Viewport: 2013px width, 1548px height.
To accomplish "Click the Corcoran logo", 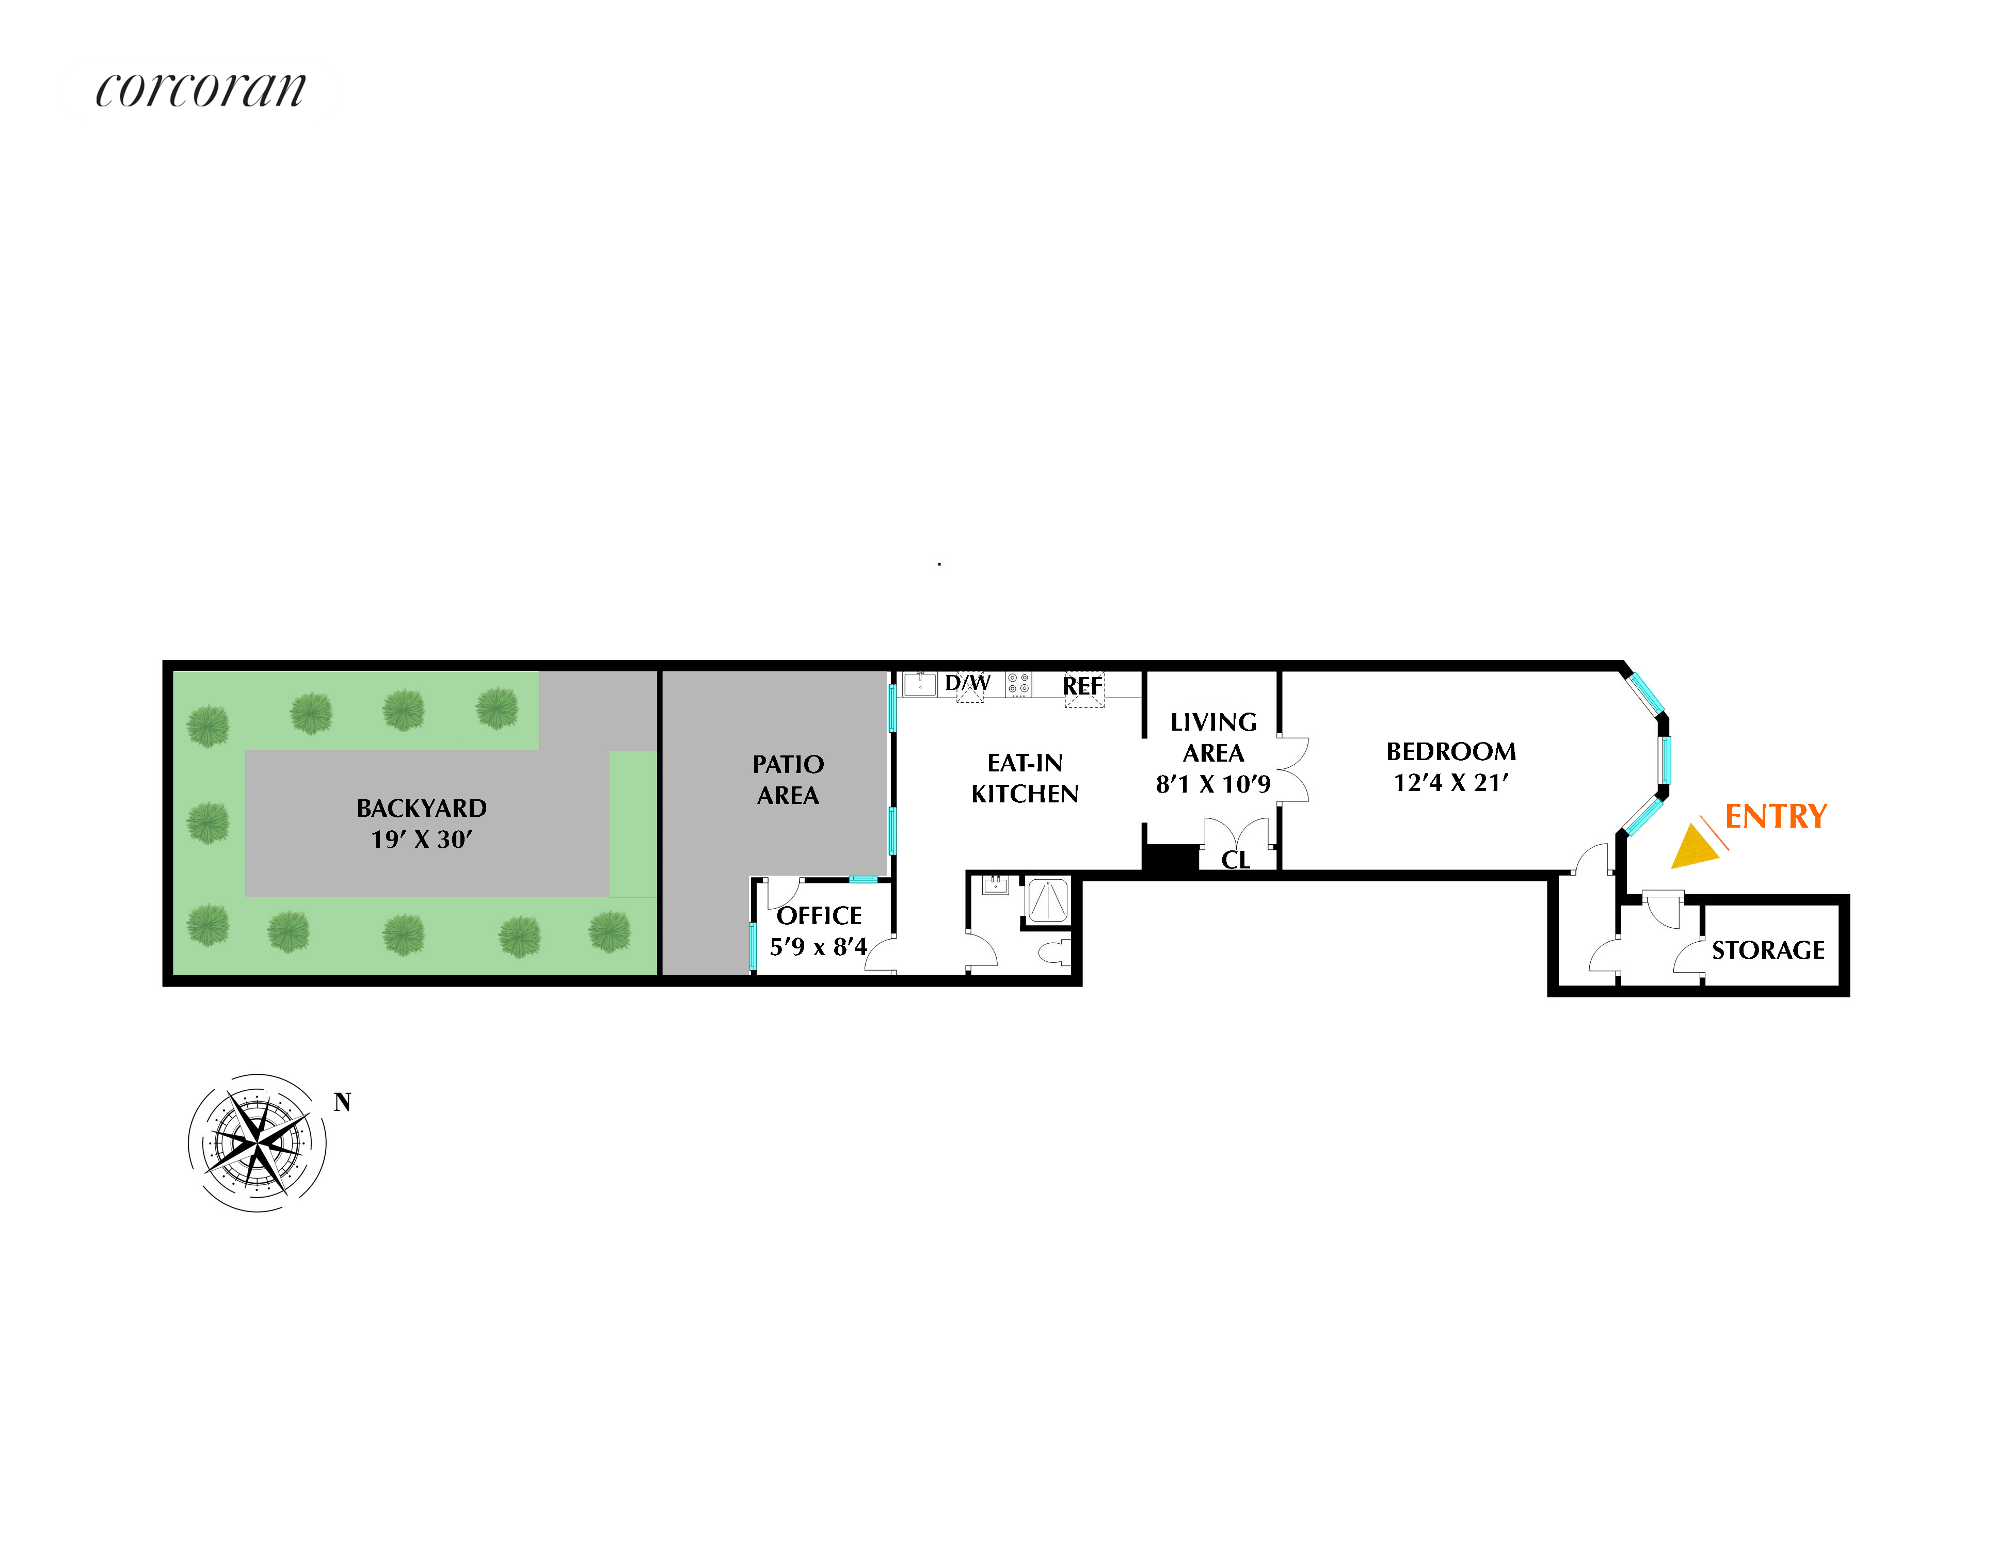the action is point(200,89).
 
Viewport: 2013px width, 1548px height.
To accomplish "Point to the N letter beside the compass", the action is point(342,1102).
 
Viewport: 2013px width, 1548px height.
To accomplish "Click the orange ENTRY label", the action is point(1775,816).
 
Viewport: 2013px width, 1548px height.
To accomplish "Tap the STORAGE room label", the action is point(1768,950).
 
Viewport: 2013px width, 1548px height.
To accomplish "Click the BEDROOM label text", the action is point(1451,752).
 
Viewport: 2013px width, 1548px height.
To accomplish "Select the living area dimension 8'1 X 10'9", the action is point(1213,784).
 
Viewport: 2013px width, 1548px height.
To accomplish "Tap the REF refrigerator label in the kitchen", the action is point(1082,686).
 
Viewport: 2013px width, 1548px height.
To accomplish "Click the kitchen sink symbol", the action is point(920,684).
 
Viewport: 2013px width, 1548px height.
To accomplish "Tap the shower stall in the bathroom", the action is point(1047,901).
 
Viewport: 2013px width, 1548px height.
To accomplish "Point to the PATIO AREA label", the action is point(788,780).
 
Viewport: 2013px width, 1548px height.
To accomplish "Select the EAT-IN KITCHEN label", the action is point(1025,779).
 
